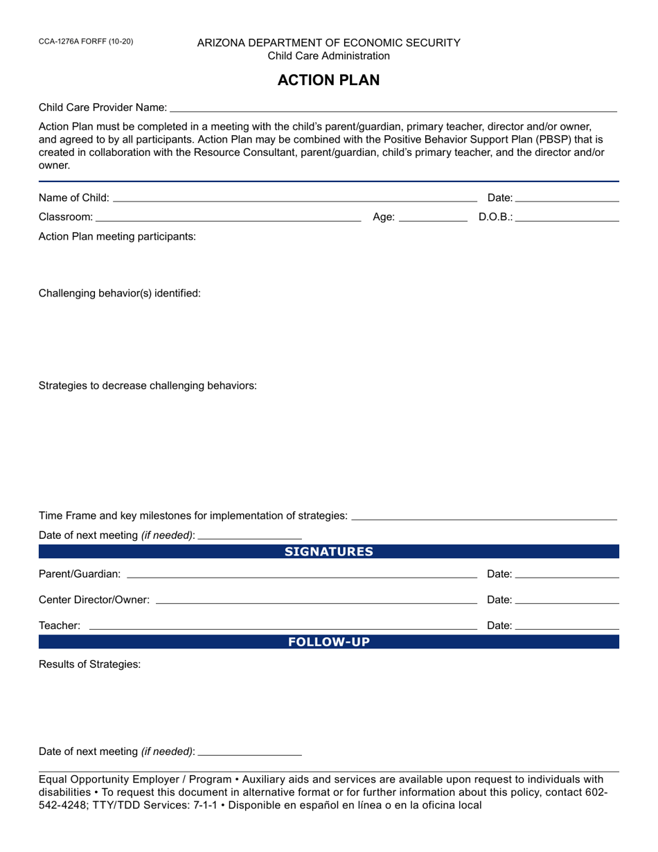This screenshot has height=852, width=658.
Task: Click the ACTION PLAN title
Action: pos(328,80)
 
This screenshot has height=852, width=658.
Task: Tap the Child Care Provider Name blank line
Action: pos(393,107)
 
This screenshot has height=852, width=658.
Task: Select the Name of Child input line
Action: pos(294,198)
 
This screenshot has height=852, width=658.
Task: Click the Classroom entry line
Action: pos(228,218)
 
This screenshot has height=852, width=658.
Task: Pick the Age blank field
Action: pos(433,218)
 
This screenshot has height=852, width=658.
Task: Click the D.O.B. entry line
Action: pos(567,218)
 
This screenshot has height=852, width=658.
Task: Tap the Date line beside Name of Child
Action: pos(567,198)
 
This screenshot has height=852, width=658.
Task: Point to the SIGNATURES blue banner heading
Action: pos(328,552)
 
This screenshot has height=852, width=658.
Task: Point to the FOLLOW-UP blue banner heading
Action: pos(328,642)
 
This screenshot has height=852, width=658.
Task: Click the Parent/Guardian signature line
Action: pos(302,574)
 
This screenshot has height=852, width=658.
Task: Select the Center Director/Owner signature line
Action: pos(317,600)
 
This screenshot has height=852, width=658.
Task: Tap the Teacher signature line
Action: pos(283,625)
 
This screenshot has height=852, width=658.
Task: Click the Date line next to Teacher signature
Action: pos(567,625)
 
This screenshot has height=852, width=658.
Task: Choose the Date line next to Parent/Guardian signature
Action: pos(567,574)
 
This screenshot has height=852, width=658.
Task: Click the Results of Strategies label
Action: pos(89,664)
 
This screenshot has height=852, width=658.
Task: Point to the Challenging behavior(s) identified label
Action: pos(119,293)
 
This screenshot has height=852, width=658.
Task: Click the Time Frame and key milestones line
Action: pos(484,516)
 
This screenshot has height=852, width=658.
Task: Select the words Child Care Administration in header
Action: pos(328,56)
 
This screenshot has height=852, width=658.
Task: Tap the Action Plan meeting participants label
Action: pos(117,236)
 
